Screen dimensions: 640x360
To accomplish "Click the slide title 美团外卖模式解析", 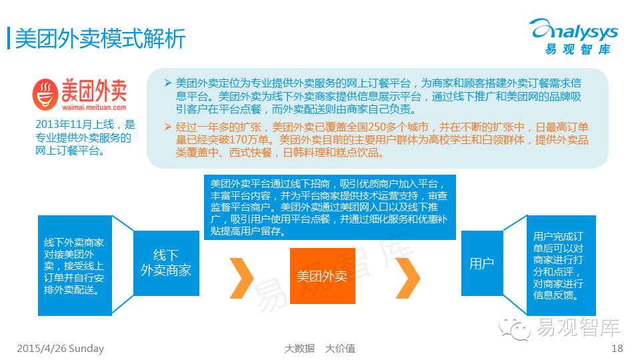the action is point(100,38).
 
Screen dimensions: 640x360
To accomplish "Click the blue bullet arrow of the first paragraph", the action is point(167,83).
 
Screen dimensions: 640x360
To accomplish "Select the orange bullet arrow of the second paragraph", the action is point(167,127).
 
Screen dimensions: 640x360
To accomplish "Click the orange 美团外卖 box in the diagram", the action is point(323,275).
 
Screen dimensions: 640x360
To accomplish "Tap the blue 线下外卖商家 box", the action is point(166,263).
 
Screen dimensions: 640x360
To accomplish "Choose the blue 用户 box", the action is point(481,263).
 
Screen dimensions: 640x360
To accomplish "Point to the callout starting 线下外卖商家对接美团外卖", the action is point(73,265).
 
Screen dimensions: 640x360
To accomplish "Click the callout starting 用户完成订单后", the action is point(557,265).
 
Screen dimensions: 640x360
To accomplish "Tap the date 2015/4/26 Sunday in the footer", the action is point(60,349).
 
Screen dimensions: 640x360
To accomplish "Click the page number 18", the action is point(617,349).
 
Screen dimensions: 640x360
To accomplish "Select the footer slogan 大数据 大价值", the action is point(320,349).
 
